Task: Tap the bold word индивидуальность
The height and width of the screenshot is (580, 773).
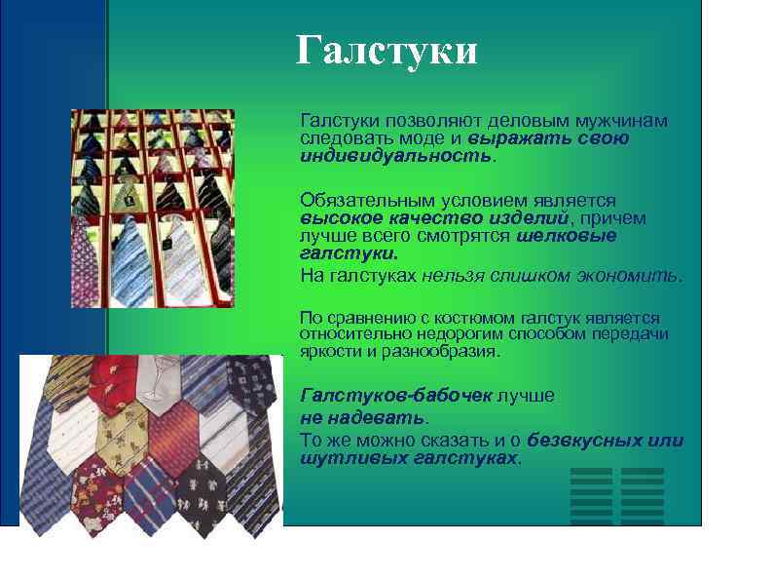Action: pyautogui.click(x=396, y=156)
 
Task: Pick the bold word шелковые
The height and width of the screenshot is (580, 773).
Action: pyautogui.click(x=567, y=236)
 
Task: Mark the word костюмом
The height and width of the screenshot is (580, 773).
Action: pyautogui.click(x=461, y=318)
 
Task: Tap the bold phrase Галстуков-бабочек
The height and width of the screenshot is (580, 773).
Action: pyautogui.click(x=397, y=395)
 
